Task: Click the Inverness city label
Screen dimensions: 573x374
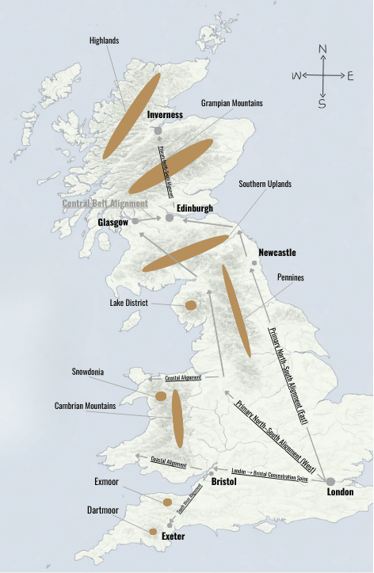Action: click(165, 115)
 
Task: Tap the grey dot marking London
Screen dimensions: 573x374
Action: click(330, 480)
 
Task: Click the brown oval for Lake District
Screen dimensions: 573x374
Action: click(191, 305)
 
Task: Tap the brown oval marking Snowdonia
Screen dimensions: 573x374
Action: click(161, 395)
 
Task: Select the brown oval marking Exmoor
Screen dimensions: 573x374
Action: click(167, 502)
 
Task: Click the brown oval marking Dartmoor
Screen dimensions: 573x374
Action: click(153, 531)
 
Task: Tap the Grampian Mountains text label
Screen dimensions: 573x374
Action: click(232, 103)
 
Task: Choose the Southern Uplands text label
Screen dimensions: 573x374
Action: click(265, 184)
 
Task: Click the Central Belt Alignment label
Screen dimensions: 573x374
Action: click(105, 203)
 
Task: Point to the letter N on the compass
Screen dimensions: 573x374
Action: click(322, 49)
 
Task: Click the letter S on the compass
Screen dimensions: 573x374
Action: click(322, 103)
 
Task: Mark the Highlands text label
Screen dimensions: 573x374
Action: click(105, 41)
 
